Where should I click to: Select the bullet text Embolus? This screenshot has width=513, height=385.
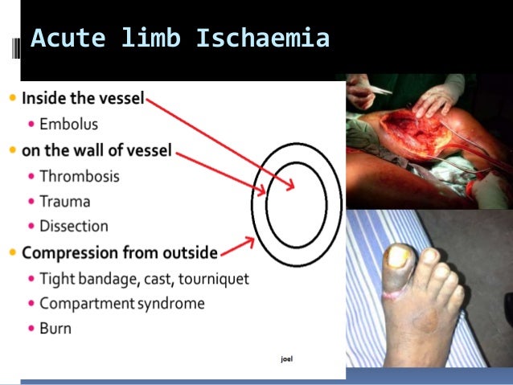[x=68, y=125]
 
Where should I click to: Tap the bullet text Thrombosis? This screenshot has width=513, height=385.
[x=79, y=175]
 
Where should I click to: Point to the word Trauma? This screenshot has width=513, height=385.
[x=64, y=201]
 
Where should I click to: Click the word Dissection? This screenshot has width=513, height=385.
[x=73, y=227]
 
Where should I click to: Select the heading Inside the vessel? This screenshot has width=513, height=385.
[x=83, y=99]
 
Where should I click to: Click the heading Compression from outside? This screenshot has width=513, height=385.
[x=119, y=252]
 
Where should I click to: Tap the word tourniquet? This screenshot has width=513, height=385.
[x=212, y=278]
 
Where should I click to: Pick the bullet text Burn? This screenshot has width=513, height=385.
[x=55, y=328]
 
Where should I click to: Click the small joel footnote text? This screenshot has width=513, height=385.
[x=286, y=358]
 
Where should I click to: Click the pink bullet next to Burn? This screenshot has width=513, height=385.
[x=31, y=329]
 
